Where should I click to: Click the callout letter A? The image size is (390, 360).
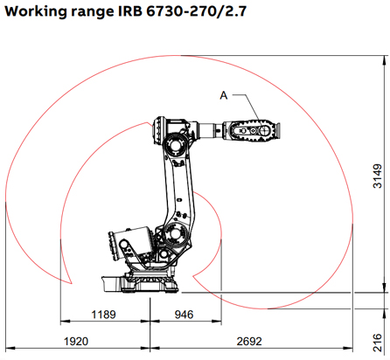coord(224,94)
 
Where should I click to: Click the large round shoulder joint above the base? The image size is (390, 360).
coord(174,237)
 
